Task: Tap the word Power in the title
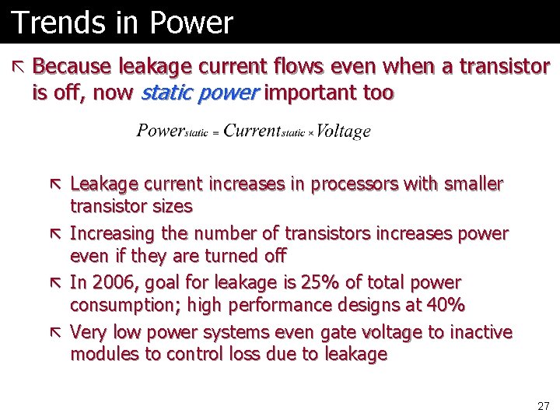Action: (191, 23)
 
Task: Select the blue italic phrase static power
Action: (200, 93)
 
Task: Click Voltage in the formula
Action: (344, 131)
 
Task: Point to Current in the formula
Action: (251, 131)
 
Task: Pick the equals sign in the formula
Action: (215, 133)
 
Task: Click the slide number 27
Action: (543, 406)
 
